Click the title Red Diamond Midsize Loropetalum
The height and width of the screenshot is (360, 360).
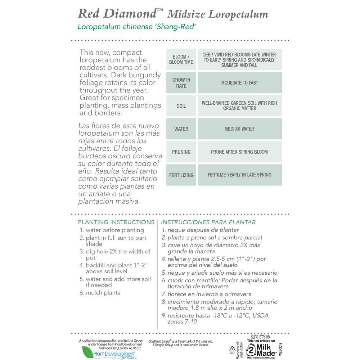pyautogui.click(x=173, y=13)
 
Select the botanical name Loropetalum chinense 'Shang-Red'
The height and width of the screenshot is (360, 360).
pyautogui.click(x=136, y=27)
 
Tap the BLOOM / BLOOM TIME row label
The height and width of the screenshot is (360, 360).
pyautogui.click(x=181, y=59)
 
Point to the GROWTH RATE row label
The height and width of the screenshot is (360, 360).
pyautogui.click(x=181, y=83)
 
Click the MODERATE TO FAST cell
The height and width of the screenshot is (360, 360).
pyautogui.click(x=239, y=83)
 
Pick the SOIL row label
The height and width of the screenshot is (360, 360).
pyautogui.click(x=181, y=106)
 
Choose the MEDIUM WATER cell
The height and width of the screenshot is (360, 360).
pyautogui.click(x=239, y=129)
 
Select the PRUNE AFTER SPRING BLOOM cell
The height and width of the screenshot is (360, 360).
pyautogui.click(x=239, y=152)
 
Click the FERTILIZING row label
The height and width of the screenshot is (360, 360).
pyautogui.click(x=181, y=175)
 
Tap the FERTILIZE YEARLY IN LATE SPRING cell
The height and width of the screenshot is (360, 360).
pyautogui.click(x=239, y=175)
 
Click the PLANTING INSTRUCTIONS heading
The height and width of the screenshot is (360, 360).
pyautogui.click(x=116, y=222)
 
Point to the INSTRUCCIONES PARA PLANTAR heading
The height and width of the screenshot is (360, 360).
pyautogui.click(x=208, y=222)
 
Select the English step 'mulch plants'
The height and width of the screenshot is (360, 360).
pyautogui.click(x=103, y=293)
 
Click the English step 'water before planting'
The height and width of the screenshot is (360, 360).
pyautogui.click(x=114, y=230)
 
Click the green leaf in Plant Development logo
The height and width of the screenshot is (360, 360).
pyautogui.click(x=87, y=352)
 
